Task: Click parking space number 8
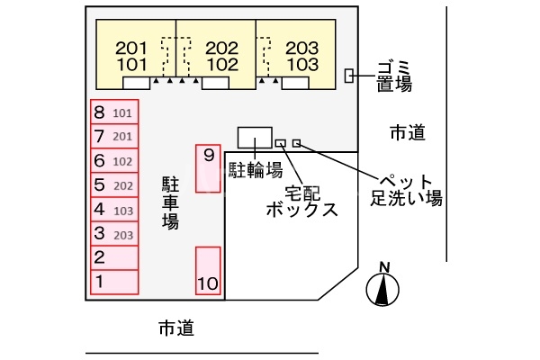(113, 112)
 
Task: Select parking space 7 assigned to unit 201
(113, 136)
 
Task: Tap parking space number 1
(113, 282)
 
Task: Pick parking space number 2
(113, 257)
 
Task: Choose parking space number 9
(208, 166)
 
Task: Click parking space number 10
(208, 271)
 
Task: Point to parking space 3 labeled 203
(113, 233)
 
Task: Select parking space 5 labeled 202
(113, 184)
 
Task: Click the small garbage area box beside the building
(349, 76)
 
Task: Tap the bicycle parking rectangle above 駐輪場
(254, 138)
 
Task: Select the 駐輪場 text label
(256, 169)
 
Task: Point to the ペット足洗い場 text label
(407, 188)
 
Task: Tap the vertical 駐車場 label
(169, 202)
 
